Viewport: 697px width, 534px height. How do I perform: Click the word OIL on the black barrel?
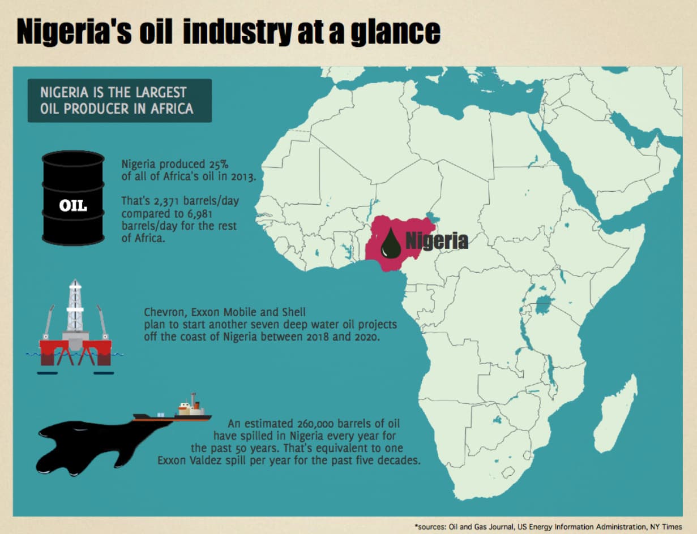pos(73,205)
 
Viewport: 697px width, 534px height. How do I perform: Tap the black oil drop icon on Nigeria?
pos(391,244)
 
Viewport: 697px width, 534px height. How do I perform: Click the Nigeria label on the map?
pos(436,241)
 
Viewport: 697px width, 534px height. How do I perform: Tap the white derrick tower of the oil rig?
pos(75,306)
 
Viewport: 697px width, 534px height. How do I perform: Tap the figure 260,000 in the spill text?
pos(320,423)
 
